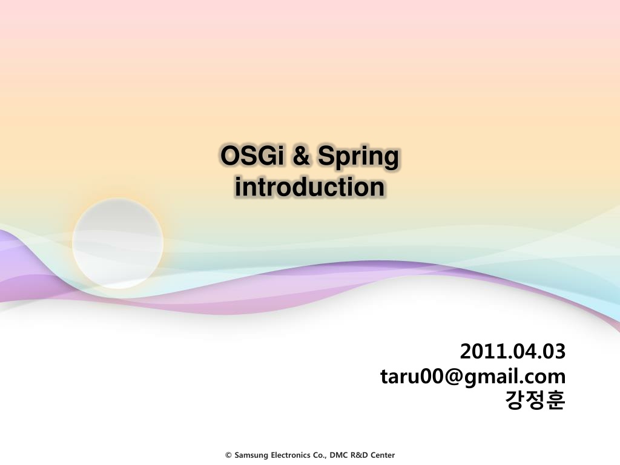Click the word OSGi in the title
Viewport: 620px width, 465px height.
pos(252,156)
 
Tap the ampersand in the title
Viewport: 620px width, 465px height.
pos(302,156)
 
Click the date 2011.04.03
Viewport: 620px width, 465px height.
pos(513,351)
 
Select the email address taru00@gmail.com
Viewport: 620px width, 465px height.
pos(473,376)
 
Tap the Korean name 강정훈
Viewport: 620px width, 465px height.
pos(535,400)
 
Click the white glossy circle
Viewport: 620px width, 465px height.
pos(118,243)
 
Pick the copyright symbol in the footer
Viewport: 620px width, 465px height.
pos(228,455)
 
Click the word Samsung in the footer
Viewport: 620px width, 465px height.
pos(251,455)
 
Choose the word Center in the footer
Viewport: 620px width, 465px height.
pos(383,455)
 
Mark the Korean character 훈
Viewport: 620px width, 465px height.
pos(556,400)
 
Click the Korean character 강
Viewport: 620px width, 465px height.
pos(515,400)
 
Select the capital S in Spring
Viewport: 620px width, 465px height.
pos(326,156)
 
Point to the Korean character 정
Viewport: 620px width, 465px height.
pos(535,400)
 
